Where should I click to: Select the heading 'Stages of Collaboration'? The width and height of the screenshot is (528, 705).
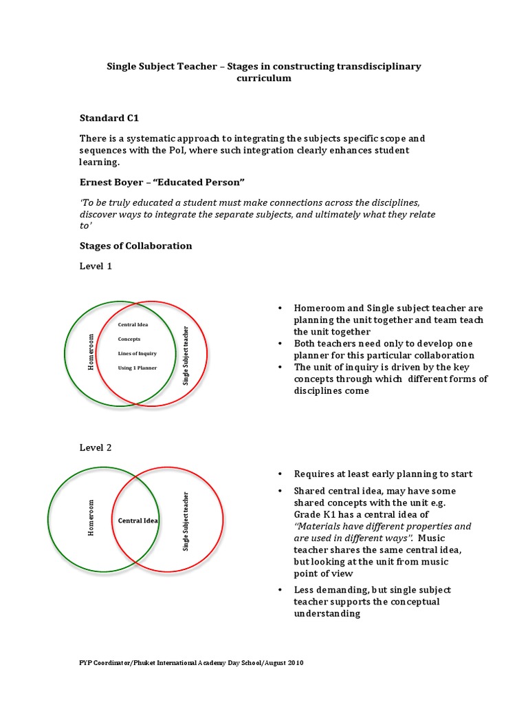(135, 246)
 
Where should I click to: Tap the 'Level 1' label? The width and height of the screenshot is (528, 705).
(95, 266)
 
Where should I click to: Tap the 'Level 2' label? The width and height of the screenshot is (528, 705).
(95, 448)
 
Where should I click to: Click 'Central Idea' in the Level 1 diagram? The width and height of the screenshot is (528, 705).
(133, 324)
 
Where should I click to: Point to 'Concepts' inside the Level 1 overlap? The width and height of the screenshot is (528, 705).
(129, 339)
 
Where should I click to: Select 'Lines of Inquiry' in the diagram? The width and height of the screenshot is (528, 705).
(137, 353)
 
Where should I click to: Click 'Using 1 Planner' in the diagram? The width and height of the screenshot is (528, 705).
(137, 368)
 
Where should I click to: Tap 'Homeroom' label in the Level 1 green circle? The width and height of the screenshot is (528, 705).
(89, 352)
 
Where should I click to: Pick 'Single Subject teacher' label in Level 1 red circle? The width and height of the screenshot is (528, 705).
(185, 355)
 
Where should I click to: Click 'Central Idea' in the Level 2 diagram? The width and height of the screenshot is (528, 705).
(138, 520)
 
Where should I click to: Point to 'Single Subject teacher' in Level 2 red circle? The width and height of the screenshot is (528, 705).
(185, 521)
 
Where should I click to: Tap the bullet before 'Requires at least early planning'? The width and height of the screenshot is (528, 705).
(280, 474)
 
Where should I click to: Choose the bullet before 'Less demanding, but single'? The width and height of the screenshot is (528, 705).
(280, 591)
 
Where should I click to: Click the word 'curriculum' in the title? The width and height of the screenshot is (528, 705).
(264, 78)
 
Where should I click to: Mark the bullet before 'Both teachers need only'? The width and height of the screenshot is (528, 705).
(280, 344)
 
